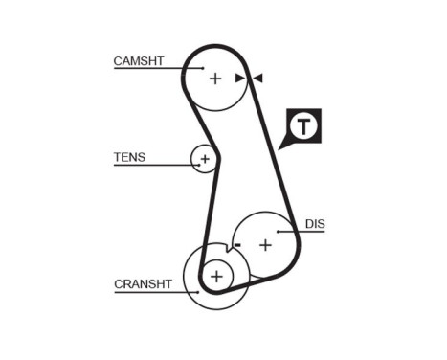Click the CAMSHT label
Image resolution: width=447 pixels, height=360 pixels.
coord(139,61)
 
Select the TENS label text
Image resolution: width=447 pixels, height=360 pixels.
coord(129,157)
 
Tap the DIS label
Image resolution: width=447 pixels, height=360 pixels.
coord(315,224)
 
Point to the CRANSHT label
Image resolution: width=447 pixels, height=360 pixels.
coord(143,283)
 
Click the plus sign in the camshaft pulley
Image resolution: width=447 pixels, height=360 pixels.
coord(215,79)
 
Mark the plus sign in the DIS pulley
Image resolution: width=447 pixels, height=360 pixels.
coord(265,245)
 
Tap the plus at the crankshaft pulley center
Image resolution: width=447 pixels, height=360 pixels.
coord(216,277)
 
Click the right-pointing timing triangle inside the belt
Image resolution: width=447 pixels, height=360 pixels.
coord(240,78)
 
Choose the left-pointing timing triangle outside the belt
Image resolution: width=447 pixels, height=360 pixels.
coord(257,78)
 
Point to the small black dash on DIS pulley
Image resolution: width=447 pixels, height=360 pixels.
coord(236,245)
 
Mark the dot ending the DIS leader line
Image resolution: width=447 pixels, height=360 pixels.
coord(279,231)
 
